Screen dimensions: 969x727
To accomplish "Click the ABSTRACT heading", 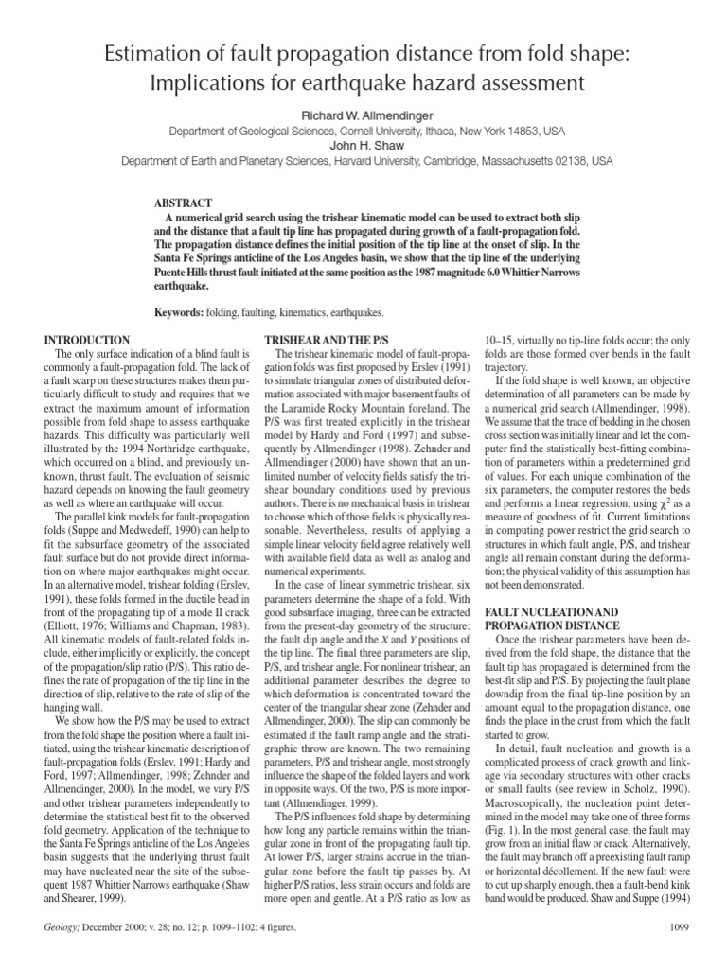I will tap(183, 203).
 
